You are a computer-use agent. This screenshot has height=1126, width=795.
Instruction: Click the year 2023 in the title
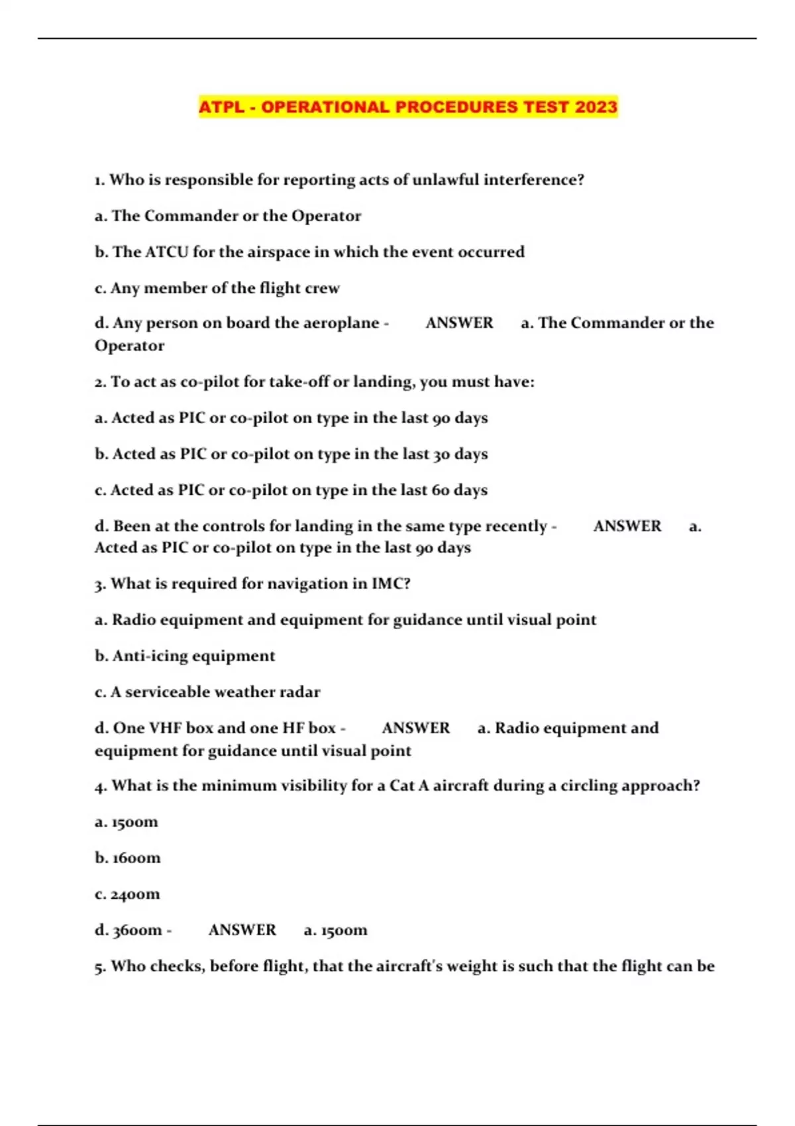click(x=596, y=107)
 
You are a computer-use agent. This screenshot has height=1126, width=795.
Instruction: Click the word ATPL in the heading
click(x=221, y=107)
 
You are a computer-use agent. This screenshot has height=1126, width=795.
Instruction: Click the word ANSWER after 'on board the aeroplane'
click(x=459, y=323)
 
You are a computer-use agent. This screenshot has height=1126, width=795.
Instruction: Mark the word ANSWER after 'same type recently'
click(x=627, y=527)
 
